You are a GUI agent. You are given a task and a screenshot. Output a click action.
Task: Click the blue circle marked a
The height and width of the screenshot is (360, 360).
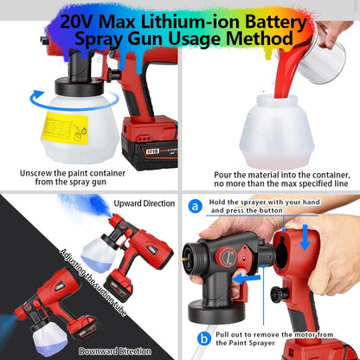pyautogui.click(x=195, y=207)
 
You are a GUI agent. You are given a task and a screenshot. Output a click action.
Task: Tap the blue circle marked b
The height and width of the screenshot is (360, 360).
pyautogui.click(x=203, y=337)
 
